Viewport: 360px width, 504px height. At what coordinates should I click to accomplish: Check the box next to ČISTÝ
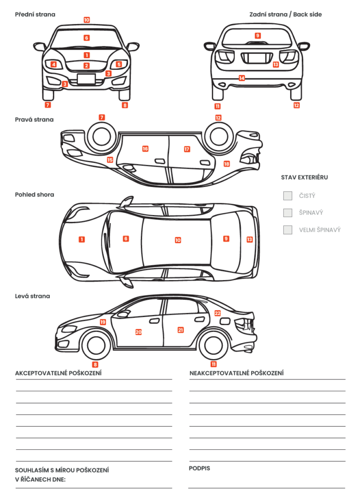288,196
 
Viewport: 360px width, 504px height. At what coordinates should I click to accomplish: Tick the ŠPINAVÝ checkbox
288,213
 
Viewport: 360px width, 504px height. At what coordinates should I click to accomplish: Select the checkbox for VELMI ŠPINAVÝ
288,229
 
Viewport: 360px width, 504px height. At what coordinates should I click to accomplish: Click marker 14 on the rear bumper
241,78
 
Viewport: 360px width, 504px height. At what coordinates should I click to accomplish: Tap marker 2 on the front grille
87,65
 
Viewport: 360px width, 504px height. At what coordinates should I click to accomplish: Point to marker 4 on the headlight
54,64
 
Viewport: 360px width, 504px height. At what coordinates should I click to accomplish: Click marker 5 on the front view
119,64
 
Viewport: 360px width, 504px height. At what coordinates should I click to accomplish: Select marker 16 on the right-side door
145,149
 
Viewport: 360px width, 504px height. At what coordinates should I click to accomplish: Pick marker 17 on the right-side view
187,149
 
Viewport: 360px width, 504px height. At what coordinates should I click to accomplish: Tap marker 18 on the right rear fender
227,163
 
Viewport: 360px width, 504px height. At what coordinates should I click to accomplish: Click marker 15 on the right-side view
110,160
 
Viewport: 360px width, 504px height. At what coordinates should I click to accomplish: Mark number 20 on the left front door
138,332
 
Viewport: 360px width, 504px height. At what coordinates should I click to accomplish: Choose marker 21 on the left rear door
180,330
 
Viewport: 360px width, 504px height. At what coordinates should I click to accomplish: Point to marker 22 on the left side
217,313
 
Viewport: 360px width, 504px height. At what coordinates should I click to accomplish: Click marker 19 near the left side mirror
103,322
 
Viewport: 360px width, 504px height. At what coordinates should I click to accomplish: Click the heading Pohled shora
34,194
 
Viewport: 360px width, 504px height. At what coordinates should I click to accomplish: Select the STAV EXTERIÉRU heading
304,177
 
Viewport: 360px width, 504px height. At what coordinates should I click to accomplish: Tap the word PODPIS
199,468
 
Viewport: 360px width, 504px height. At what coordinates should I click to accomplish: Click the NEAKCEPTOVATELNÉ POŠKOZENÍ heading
236,373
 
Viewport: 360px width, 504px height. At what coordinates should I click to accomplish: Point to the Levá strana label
33,296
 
